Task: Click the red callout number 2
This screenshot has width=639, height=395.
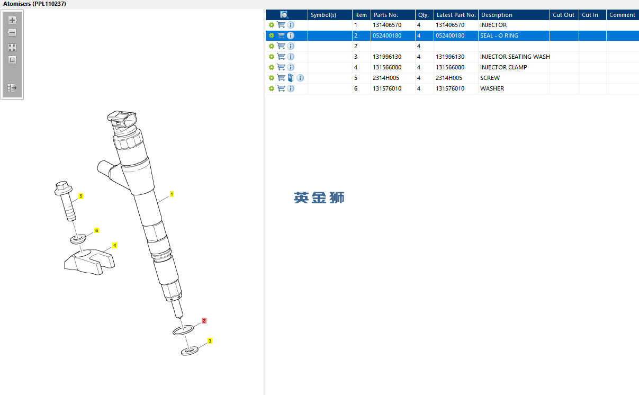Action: tap(204, 321)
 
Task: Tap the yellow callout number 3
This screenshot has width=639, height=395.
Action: tap(210, 341)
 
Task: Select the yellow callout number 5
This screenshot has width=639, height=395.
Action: tap(80, 196)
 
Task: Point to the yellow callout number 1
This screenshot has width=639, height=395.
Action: tap(172, 194)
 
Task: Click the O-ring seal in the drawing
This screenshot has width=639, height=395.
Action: tap(174, 332)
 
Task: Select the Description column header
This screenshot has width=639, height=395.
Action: tap(497, 15)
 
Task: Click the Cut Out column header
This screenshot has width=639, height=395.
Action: tap(563, 15)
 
